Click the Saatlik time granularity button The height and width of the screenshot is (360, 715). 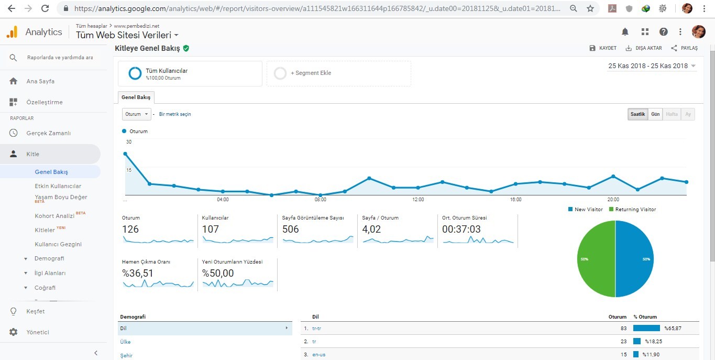tap(637, 114)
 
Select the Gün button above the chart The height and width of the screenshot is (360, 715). tap(655, 114)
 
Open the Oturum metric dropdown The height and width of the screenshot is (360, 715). tap(136, 114)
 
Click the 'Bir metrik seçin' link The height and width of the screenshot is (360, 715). tap(175, 114)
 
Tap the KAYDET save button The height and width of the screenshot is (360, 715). tap(602, 48)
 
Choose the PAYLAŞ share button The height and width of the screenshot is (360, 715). tap(684, 48)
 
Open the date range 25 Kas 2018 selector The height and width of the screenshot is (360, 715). tap(652, 66)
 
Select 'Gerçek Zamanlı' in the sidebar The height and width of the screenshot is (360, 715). tap(49, 133)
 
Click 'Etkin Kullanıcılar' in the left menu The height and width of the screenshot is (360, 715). tap(58, 186)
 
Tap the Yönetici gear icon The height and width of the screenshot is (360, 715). tap(14, 332)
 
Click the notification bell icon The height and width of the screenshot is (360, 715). tap(625, 31)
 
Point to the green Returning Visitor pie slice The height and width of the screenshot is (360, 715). tap(596, 259)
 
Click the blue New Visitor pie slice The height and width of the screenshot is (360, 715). tap(634, 259)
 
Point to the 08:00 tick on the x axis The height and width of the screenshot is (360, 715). tap(320, 200)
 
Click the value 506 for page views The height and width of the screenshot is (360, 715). tap(290, 229)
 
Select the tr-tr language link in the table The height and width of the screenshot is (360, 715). tap(316, 329)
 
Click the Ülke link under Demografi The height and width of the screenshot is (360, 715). tap(125, 342)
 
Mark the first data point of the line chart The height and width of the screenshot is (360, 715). tap(125, 154)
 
